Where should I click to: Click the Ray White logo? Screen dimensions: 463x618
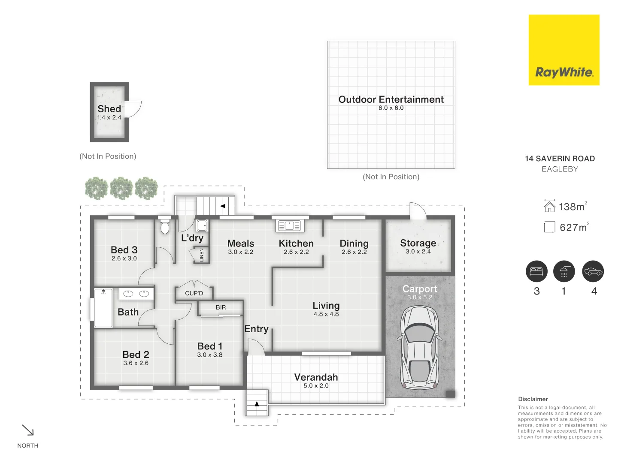(563, 50)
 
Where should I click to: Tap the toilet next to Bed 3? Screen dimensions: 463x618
(165, 227)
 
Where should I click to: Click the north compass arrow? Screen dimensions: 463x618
(28, 430)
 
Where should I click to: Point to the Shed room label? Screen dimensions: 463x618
(109, 109)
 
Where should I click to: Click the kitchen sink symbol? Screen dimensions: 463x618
(290, 225)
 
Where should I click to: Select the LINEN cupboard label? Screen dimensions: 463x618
(202, 255)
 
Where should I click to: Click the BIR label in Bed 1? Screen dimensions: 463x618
(221, 307)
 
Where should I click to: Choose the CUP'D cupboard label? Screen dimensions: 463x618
(194, 293)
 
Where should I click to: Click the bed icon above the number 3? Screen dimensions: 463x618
(536, 271)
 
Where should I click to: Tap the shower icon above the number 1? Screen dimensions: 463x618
(564, 271)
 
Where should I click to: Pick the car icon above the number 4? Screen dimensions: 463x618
(593, 271)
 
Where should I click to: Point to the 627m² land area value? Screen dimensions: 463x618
(573, 228)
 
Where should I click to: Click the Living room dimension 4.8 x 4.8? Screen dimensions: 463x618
(326, 314)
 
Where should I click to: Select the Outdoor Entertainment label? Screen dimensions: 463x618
(391, 99)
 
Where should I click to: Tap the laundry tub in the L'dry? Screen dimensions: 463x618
(202, 225)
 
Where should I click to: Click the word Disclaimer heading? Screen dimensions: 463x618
(533, 399)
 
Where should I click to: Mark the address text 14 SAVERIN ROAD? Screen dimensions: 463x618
(560, 159)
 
